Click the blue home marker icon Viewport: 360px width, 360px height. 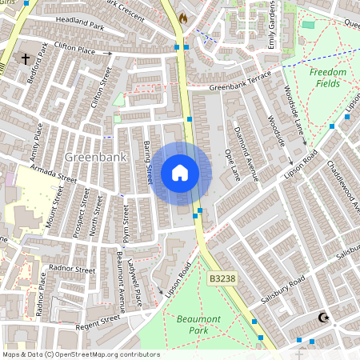coord(180,173)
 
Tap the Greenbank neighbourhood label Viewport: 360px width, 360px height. coord(96,157)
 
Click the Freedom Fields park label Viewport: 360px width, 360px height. coord(328,78)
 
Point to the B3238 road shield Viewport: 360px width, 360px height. coord(223,277)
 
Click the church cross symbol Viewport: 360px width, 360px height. coord(25,59)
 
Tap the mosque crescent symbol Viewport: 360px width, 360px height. coord(324,318)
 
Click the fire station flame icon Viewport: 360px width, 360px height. coord(183,17)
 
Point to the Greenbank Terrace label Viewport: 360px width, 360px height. coord(240,85)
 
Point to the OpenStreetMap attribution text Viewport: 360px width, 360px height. coord(80,354)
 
